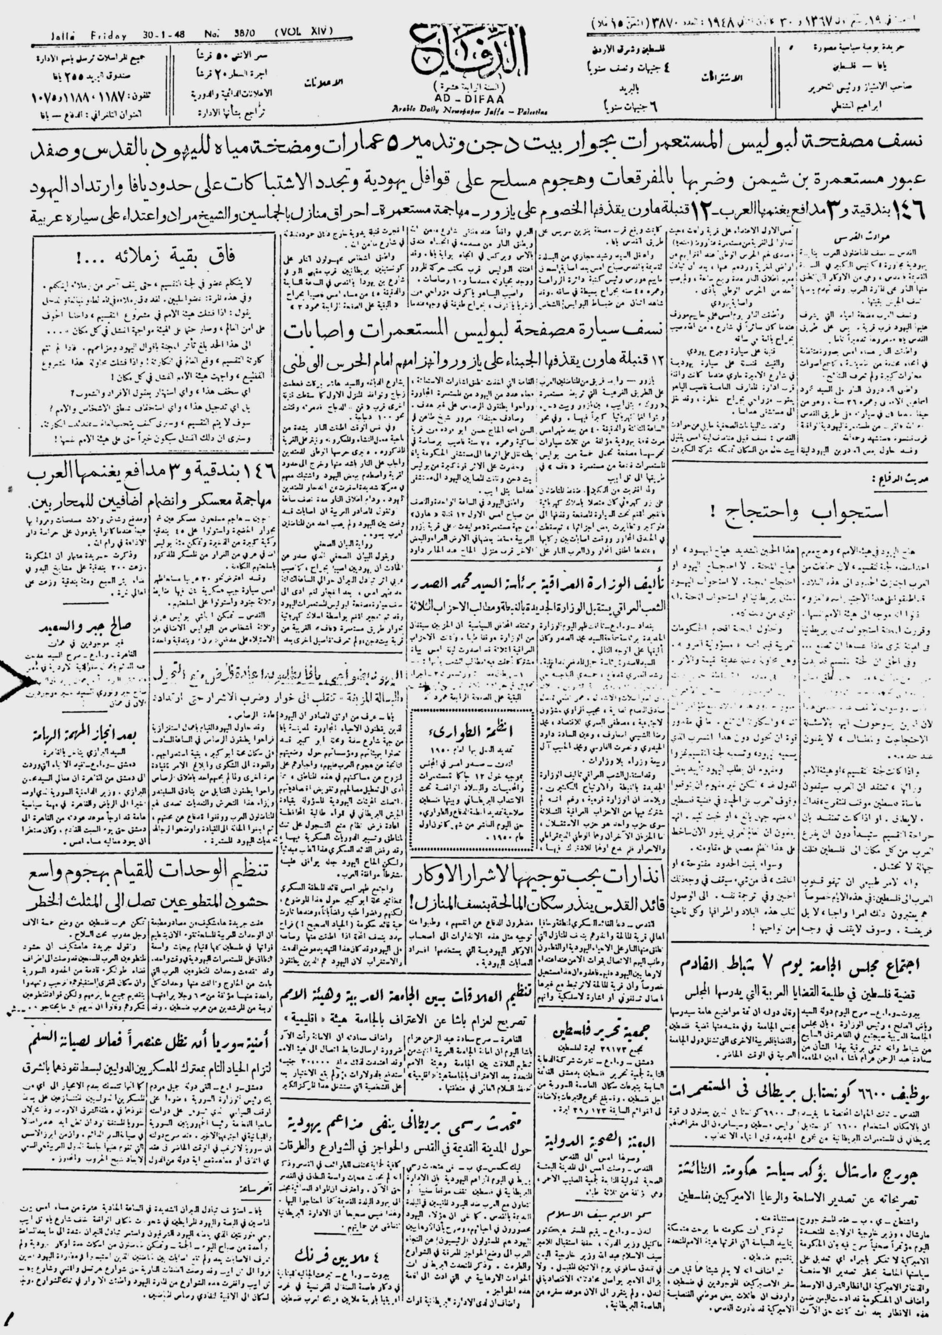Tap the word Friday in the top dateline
[109, 35]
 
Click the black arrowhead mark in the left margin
[15, 678]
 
